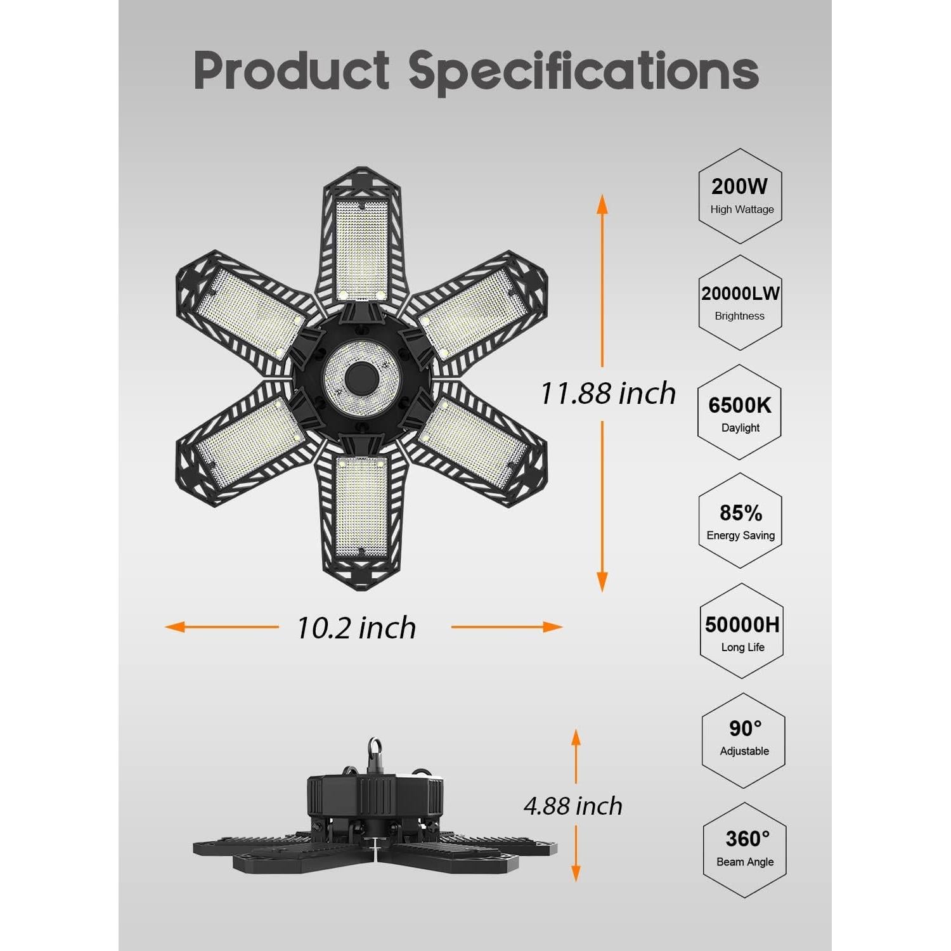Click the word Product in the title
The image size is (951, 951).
292,70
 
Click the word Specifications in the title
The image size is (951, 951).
583,71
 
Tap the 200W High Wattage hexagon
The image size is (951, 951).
740,196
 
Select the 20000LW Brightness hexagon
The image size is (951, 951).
740,302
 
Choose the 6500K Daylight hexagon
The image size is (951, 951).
739,412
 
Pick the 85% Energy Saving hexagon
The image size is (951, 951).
741,521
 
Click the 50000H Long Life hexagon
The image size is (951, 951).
742,631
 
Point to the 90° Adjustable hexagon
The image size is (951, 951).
744,738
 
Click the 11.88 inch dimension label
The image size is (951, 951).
607,394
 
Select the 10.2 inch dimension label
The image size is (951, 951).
356,628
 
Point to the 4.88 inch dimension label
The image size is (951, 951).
573,806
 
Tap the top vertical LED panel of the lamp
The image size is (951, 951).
361,247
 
